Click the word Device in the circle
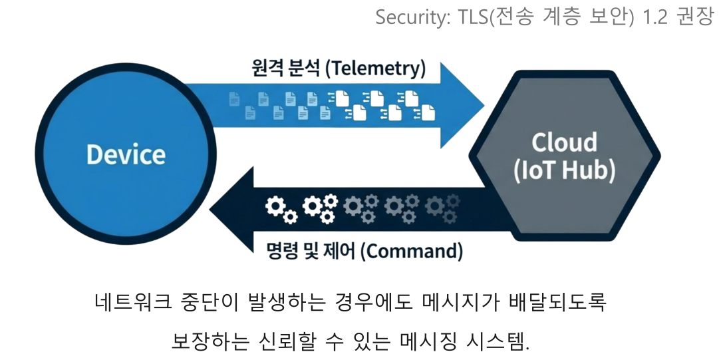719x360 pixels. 126,154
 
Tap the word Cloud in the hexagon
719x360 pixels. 565,142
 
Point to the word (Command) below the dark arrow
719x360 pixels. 414,251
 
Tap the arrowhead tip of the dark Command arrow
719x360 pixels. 212,208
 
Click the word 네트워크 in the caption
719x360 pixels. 128,303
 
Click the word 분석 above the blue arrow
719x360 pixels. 303,68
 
